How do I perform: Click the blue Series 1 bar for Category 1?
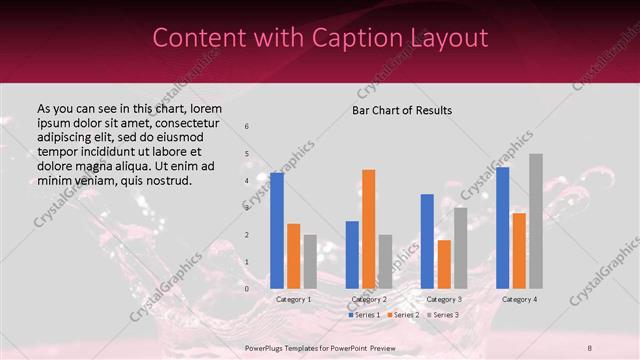coord(277,231)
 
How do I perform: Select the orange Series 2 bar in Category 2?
coord(368,229)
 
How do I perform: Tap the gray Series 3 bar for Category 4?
coord(535,221)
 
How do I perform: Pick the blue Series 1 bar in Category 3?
coord(427,241)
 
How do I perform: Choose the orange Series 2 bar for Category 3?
coord(443,264)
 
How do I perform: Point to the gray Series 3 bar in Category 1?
coord(309,262)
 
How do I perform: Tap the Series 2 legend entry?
coord(402,315)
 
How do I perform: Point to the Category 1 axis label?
coord(293,299)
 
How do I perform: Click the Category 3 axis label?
coord(444,299)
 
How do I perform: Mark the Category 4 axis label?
coord(519,299)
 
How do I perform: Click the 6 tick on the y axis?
coord(247,126)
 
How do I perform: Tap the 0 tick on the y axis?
coord(247,289)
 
